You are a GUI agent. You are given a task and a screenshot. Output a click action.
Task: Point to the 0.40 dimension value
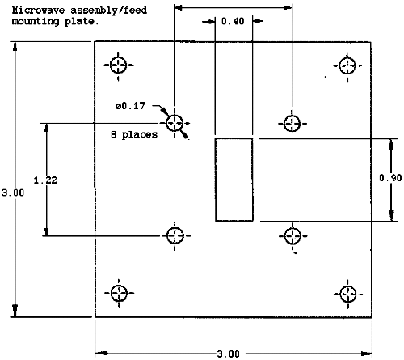coord(233,21)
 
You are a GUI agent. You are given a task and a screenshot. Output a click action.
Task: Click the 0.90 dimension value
coord(390,178)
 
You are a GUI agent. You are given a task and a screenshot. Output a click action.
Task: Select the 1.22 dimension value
coord(45,180)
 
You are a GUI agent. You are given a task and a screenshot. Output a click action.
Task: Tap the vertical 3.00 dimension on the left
coord(13,193)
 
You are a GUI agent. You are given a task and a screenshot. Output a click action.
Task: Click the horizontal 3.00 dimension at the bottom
coord(228,354)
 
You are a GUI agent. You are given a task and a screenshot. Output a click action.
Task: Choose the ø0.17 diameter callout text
coord(130,106)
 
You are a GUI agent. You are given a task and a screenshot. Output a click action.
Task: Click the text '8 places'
coord(134,134)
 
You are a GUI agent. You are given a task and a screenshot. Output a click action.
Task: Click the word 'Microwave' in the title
coord(38,11)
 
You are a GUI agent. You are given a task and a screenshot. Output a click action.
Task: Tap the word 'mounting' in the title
coord(36,21)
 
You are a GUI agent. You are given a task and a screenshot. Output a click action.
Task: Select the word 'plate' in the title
coord(79,21)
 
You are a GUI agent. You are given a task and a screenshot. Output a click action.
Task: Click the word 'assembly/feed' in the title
coord(109,11)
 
